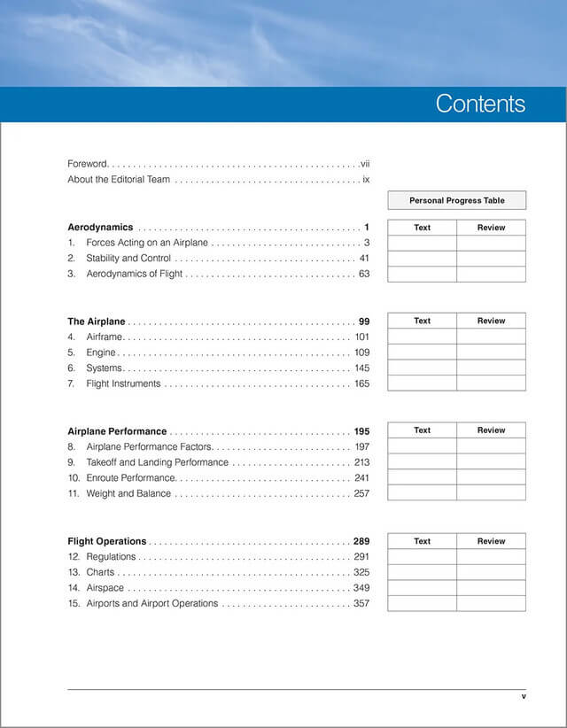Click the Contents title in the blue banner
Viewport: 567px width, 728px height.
pyautogui.click(x=480, y=104)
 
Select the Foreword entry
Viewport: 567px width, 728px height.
pyautogui.click(x=88, y=164)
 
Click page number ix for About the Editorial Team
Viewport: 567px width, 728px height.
pyautogui.click(x=365, y=180)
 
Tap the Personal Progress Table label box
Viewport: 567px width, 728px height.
pyautogui.click(x=456, y=201)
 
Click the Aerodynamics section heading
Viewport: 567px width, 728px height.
pyautogui.click(x=100, y=228)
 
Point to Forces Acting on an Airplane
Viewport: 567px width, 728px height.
pyautogui.click(x=146, y=243)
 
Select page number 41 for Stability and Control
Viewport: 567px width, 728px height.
pyautogui.click(x=364, y=259)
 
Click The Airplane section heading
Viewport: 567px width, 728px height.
pyautogui.click(x=97, y=321)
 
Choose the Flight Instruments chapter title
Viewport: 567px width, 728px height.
pyautogui.click(x=123, y=384)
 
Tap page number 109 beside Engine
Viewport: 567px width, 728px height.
pyautogui.click(x=361, y=353)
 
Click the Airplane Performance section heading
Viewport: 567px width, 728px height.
pyautogui.click(x=117, y=431)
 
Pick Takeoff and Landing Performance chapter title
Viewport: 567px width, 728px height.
pyautogui.click(x=157, y=462)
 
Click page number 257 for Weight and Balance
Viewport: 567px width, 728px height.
pyautogui.click(x=361, y=494)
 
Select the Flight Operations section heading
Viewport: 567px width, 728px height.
pyautogui.click(x=107, y=541)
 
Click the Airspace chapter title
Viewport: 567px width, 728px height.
pyautogui.click(x=105, y=588)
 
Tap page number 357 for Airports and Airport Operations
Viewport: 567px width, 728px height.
pyautogui.click(x=361, y=604)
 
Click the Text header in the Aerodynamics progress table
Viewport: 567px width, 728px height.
pyautogui.click(x=422, y=228)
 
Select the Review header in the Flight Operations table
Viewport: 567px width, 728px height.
pyautogui.click(x=491, y=541)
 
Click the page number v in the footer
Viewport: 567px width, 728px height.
pyautogui.click(x=524, y=697)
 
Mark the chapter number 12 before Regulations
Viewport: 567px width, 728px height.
pyautogui.click(x=74, y=557)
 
